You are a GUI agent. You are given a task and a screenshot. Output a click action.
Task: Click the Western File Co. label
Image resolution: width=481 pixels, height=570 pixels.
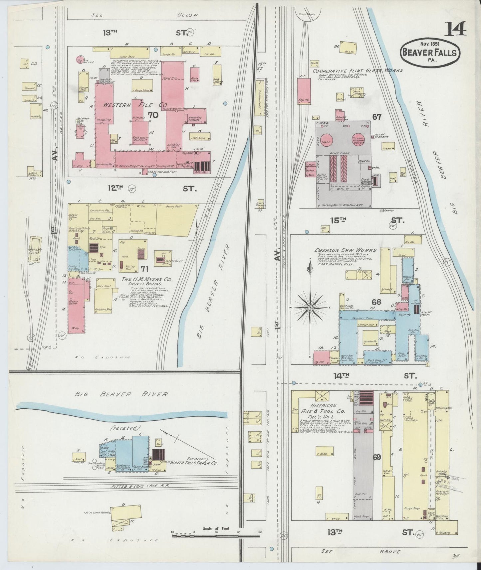tap(134, 105)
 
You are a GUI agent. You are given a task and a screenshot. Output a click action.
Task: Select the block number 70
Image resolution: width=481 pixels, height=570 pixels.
tap(153, 115)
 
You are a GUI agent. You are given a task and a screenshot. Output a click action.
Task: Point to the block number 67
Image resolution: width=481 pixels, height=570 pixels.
tap(377, 117)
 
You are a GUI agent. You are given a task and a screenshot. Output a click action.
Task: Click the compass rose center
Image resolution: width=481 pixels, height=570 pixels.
tap(310, 308)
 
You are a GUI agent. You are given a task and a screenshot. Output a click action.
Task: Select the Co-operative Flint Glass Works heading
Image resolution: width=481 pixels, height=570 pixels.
tap(358, 71)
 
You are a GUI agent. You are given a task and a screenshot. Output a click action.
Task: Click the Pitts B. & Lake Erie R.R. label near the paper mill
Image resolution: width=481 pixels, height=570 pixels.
tap(140, 486)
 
